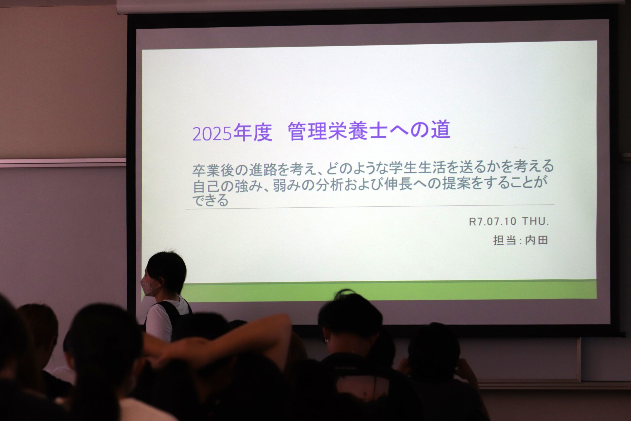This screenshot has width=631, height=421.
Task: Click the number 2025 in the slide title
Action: [x=212, y=134]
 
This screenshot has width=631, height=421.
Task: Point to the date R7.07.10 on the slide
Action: [x=492, y=221]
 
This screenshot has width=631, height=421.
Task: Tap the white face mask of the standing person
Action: [x=150, y=287]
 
